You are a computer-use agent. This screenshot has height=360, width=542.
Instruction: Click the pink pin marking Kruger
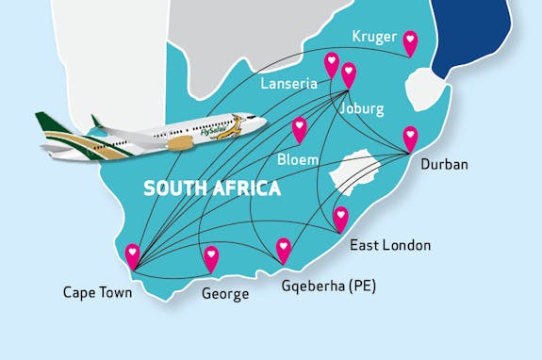point(410,41)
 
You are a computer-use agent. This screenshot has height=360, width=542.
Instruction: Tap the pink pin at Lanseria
point(332,63)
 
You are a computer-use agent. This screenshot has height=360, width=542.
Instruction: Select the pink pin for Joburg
point(349,73)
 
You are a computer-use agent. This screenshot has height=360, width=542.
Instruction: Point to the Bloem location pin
point(300,127)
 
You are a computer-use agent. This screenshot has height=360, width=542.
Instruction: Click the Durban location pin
point(410,137)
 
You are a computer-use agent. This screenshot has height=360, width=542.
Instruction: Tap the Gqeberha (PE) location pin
point(284,248)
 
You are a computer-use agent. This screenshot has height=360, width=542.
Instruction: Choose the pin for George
point(211,256)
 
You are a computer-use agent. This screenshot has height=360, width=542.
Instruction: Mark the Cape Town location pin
point(133,254)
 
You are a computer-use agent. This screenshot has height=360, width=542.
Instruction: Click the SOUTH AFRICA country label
point(212,188)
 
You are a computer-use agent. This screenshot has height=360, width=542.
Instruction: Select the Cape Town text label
point(98,292)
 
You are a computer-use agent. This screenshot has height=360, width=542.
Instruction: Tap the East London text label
point(390,246)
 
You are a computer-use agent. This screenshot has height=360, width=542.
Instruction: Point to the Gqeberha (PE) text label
point(328,285)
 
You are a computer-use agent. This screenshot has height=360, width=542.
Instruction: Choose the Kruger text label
point(374,37)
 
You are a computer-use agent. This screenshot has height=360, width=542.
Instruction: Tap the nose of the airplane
point(261,123)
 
